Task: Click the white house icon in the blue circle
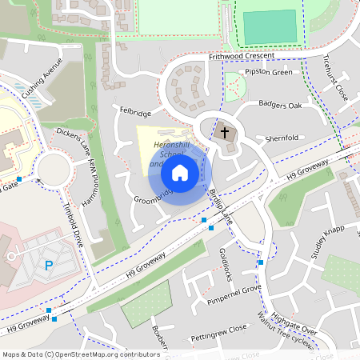pos(180,172)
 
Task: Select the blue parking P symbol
pos(48,266)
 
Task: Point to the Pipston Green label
pos(268,73)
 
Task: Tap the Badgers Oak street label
pos(280,105)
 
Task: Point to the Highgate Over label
pos(294,320)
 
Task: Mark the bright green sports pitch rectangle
pos(270,27)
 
